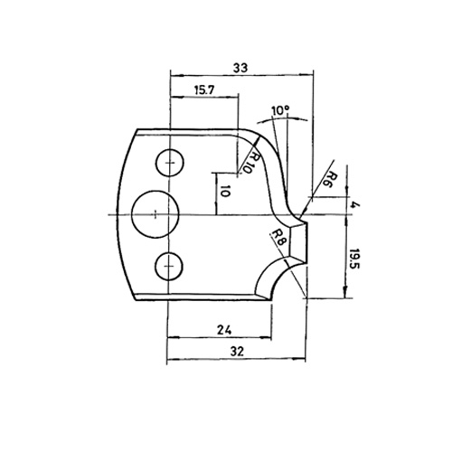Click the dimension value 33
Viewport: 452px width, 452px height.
click(x=240, y=68)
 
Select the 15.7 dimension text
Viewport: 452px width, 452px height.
click(x=203, y=90)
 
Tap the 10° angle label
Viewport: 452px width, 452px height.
click(x=280, y=110)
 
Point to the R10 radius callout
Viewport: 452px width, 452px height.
click(x=253, y=162)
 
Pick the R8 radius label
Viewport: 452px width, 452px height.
click(x=278, y=238)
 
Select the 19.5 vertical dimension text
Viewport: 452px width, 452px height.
click(x=355, y=259)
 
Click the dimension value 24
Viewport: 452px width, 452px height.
click(x=224, y=331)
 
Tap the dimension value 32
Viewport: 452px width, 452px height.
click(x=237, y=351)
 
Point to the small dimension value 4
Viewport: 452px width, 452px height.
click(x=356, y=205)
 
